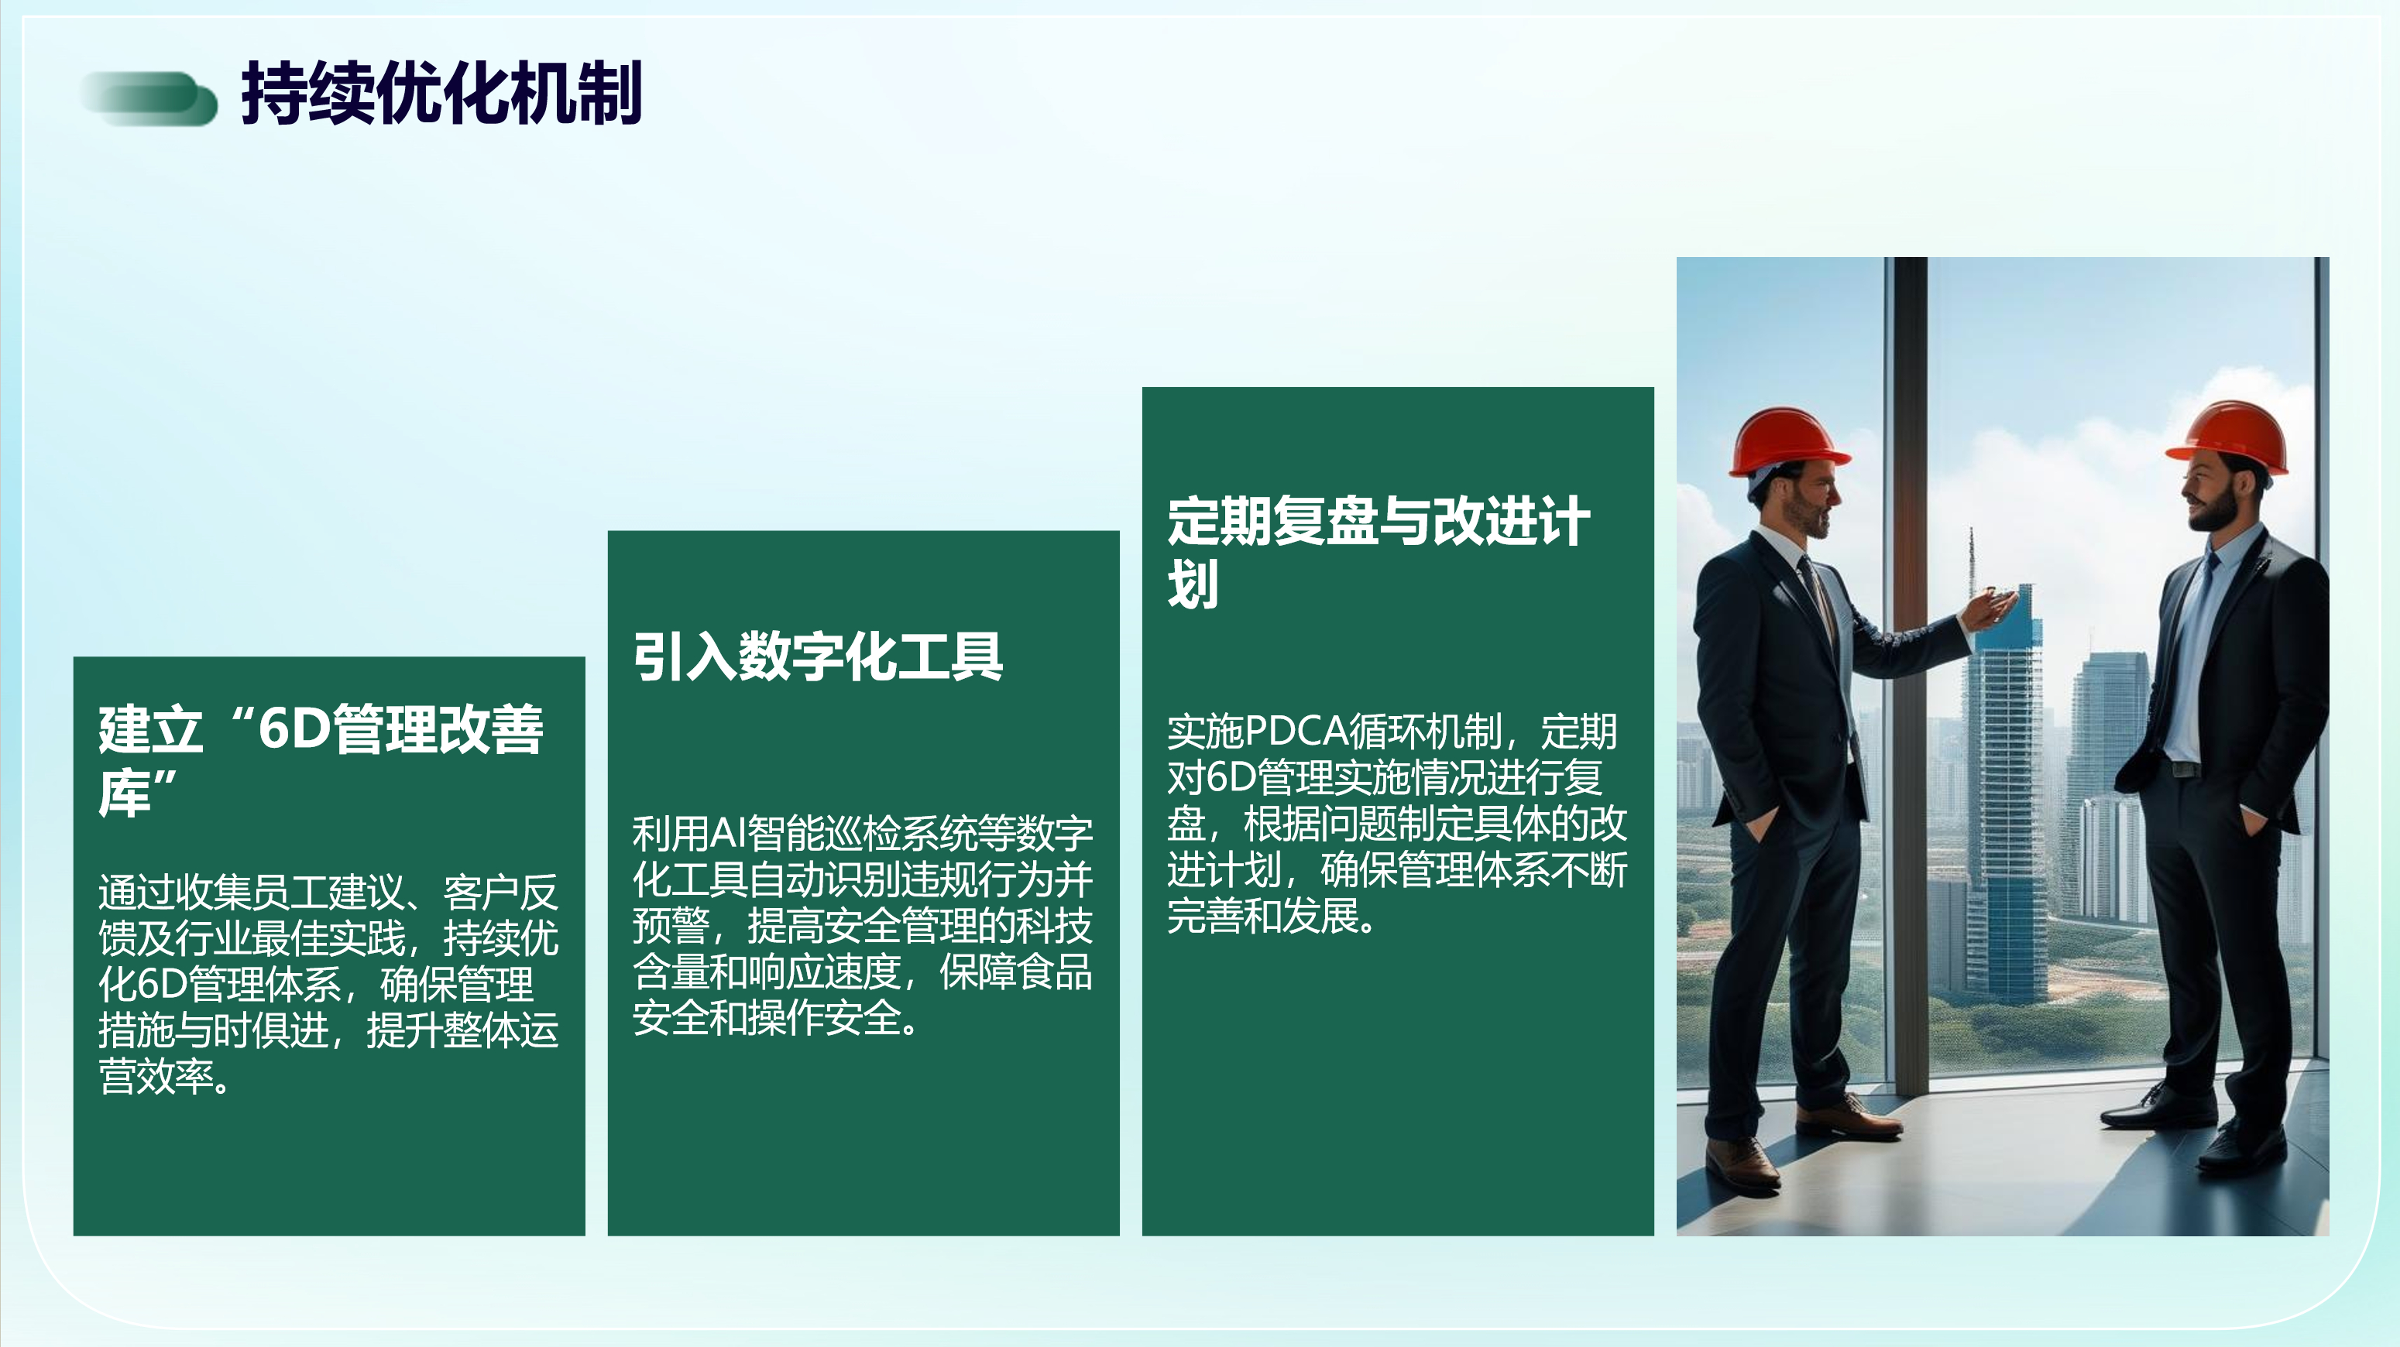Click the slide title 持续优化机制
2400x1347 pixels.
click(441, 92)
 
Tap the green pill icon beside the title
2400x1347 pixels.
click(149, 98)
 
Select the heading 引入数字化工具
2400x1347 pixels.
click(817, 656)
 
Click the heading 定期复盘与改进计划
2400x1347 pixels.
click(1378, 551)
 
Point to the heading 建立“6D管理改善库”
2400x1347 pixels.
click(321, 760)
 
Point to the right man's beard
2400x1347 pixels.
click(2216, 510)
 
